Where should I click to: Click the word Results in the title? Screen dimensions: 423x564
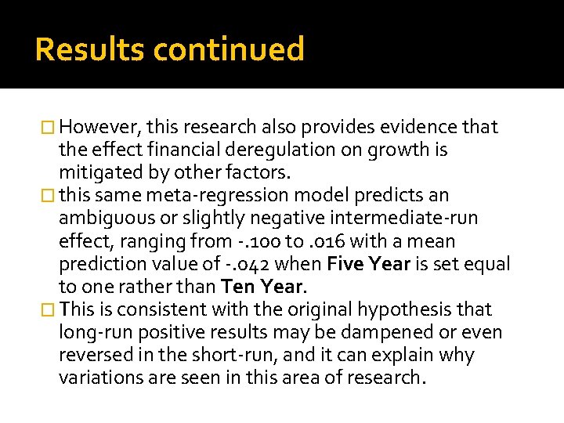pyautogui.click(x=90, y=49)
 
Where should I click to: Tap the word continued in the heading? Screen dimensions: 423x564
pyautogui.click(x=229, y=49)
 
